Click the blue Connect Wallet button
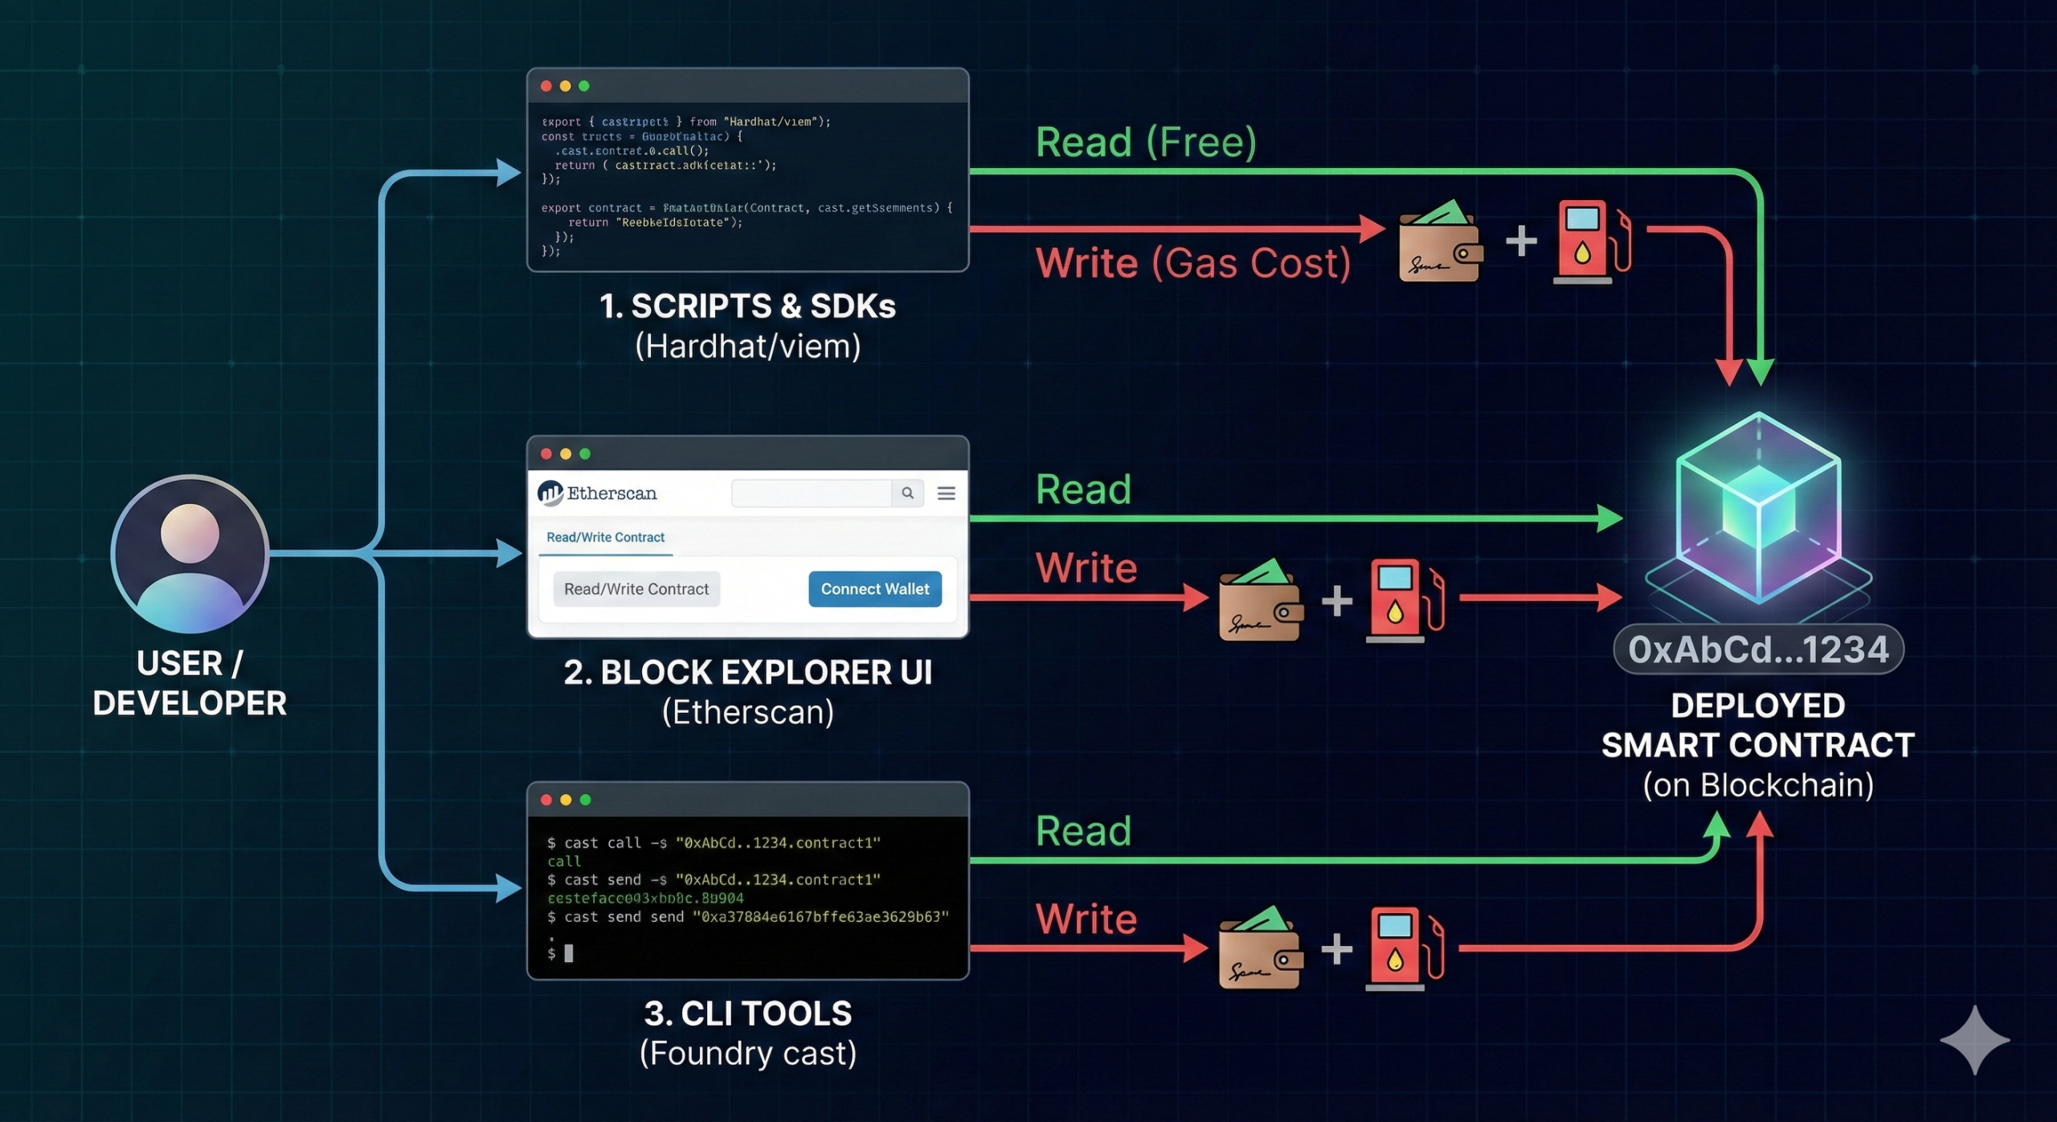tap(874, 589)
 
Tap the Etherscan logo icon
tap(550, 493)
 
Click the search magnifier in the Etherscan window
tap(907, 493)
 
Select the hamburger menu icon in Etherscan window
tap(947, 493)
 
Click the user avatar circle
tap(190, 553)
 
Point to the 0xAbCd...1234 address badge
tap(1758, 649)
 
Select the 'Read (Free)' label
tap(1146, 142)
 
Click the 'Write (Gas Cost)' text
tap(1193, 263)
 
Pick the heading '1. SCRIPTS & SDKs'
tap(747, 306)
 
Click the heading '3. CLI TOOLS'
tap(747, 1013)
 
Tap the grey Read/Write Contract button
tap(636, 589)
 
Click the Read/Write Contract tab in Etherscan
tap(605, 537)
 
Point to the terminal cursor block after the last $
tap(569, 953)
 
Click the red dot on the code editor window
tap(546, 86)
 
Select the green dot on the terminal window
tap(585, 800)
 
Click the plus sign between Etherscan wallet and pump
tap(1337, 600)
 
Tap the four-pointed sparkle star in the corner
tap(1974, 1040)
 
